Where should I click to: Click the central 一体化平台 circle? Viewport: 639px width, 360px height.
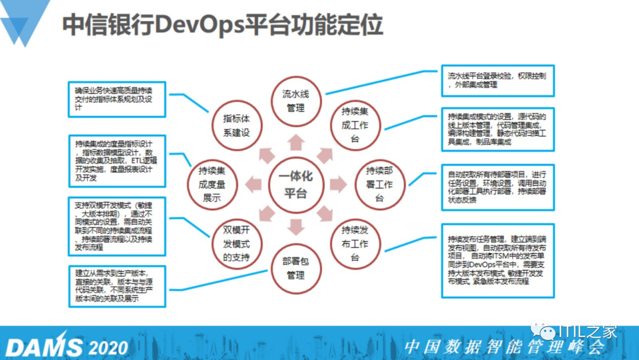296,185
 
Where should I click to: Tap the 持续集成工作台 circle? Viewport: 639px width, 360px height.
355,125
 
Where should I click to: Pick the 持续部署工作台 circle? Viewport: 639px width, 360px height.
379,185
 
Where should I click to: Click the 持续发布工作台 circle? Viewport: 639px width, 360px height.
355,243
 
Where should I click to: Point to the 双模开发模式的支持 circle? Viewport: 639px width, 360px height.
236,243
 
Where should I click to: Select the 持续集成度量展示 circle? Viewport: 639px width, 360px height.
212,185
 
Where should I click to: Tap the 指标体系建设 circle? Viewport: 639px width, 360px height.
236,125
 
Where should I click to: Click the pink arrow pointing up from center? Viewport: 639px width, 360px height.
296,143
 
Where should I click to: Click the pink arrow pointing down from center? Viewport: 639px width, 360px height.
296,226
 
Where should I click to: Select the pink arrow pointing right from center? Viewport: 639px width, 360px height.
338,185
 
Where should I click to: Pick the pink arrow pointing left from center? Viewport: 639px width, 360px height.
254,185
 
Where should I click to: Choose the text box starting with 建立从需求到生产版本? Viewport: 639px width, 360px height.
117,286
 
